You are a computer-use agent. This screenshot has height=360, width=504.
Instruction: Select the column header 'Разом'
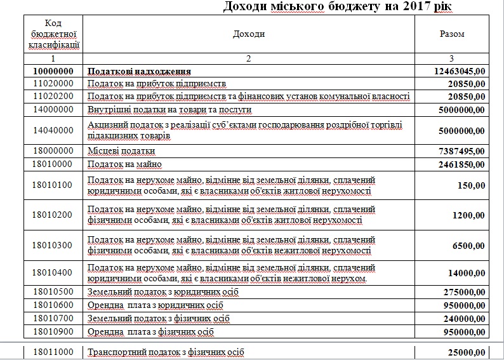452,34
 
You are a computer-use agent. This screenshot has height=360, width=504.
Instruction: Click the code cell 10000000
54,71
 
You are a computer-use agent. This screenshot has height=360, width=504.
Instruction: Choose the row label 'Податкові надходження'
140,71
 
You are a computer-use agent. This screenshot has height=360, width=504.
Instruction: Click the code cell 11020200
54,96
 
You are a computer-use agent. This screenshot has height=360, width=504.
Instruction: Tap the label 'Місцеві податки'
121,152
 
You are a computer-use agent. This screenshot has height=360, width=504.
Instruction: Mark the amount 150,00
472,185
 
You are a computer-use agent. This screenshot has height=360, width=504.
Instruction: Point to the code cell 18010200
54,215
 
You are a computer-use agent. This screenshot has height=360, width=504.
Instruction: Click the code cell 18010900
54,331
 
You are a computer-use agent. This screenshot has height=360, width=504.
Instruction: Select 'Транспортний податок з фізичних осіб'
165,352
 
